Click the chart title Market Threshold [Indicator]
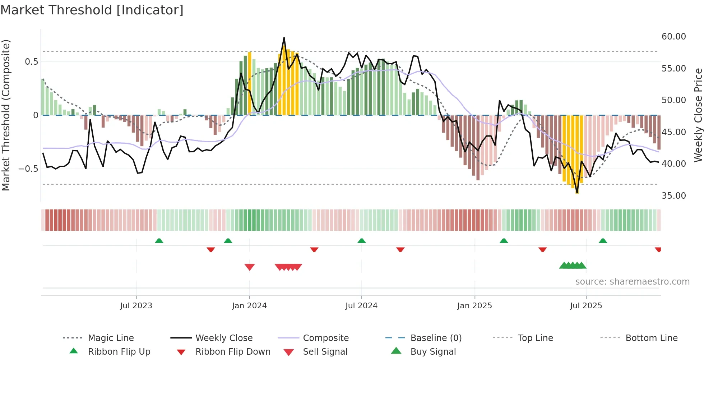click(92, 10)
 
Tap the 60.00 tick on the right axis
click(673, 37)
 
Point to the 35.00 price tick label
click(673, 196)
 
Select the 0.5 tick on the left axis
click(31, 62)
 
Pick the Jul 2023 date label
click(136, 306)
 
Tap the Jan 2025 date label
click(474, 306)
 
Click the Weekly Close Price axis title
click(698, 115)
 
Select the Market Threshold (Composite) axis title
click(6, 115)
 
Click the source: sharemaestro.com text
click(632, 282)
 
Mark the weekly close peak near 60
click(284, 38)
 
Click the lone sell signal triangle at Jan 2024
click(249, 267)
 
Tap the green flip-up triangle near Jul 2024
click(361, 241)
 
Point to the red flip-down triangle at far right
click(658, 249)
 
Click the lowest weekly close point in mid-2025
click(577, 193)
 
